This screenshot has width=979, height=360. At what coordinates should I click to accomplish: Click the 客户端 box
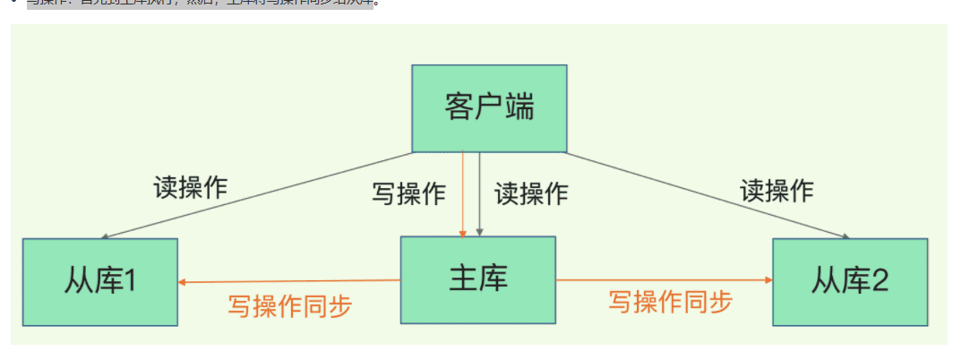pos(489,107)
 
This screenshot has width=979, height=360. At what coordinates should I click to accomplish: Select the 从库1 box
pos(99,281)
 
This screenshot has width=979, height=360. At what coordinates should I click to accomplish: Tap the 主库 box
pos(477,279)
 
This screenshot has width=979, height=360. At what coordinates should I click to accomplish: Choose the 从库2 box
pos(849,281)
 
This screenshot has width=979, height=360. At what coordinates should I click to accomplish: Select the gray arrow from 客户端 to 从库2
pos(708,194)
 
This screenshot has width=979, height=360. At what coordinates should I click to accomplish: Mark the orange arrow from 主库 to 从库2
pos(663,280)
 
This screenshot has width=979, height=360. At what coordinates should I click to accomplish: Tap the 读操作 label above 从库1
pos(191,187)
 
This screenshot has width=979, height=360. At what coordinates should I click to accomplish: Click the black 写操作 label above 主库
pos(408,193)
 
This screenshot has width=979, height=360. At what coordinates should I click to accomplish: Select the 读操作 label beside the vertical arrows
pos(531,193)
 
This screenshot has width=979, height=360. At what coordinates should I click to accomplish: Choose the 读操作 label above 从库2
pos(777,190)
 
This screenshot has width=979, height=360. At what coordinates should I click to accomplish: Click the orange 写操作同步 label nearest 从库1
pos(290,306)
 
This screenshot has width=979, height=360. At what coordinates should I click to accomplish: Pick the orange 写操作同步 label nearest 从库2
pos(670,302)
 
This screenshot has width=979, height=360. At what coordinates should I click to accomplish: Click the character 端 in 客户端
pos(519,107)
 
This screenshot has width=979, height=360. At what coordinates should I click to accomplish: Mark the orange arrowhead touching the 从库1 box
pos(182,282)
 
